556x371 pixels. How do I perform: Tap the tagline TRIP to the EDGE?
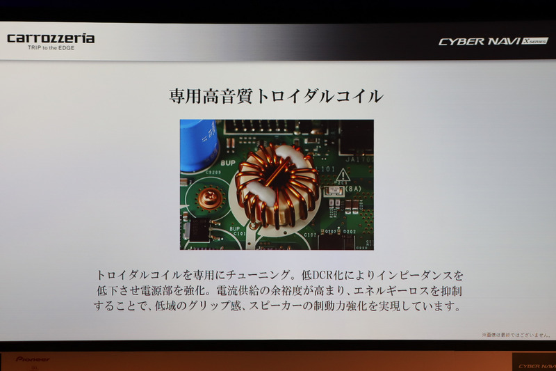click(x=51, y=48)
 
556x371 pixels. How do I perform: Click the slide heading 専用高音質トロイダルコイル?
click(x=276, y=96)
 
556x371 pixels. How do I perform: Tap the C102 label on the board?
click(x=310, y=235)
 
